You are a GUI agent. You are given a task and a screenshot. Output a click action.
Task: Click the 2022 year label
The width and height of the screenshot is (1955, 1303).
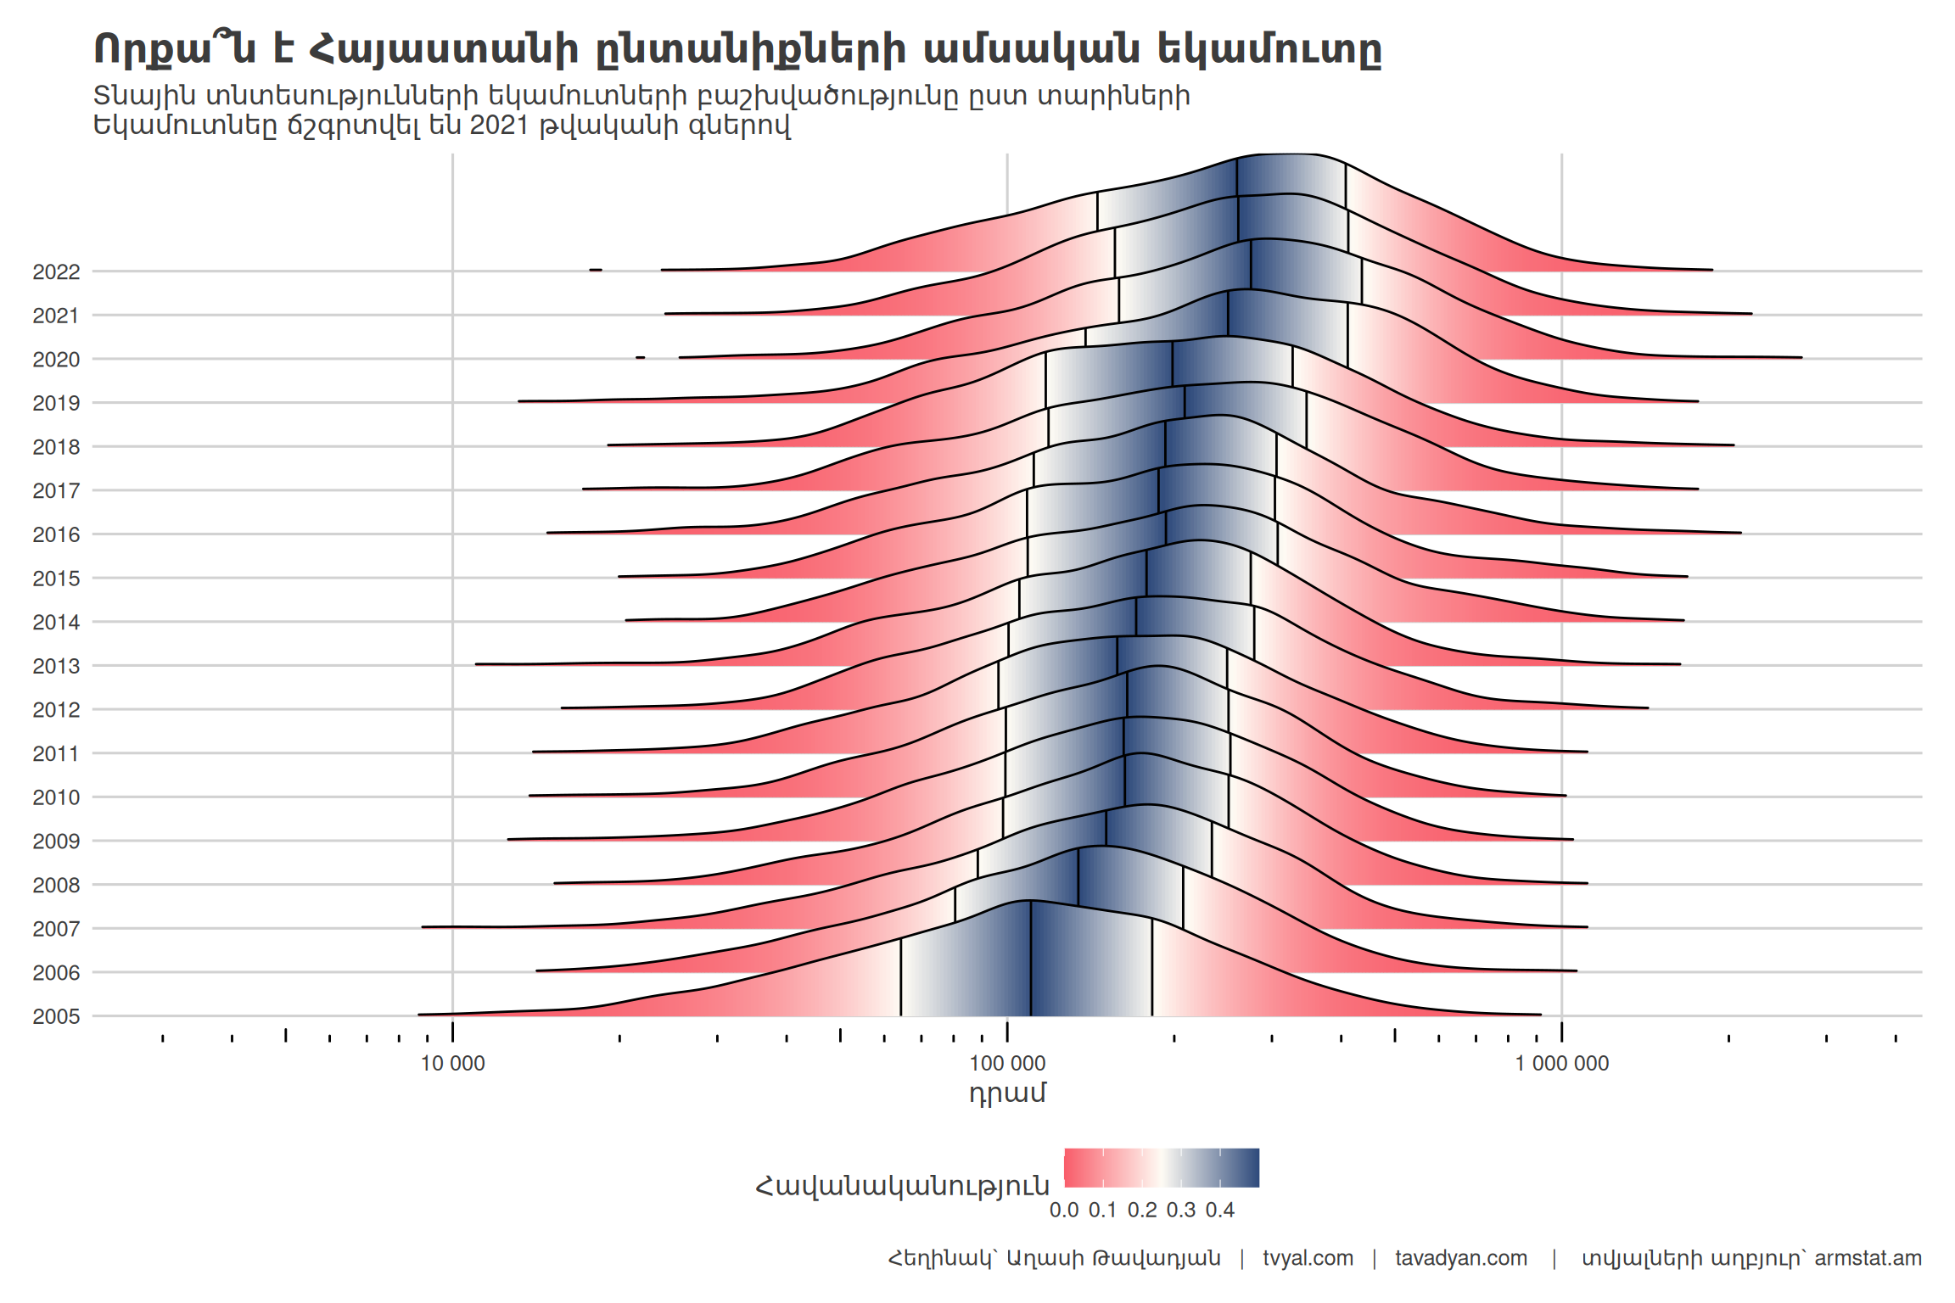pyautogui.click(x=56, y=271)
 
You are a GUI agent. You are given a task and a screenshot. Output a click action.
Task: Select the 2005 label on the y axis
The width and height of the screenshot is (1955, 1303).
pyautogui.click(x=56, y=1016)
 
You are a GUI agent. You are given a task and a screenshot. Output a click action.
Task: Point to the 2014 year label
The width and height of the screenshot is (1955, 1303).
pyautogui.click(x=56, y=622)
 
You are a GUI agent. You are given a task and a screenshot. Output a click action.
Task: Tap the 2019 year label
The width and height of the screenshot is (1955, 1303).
pyautogui.click(x=56, y=403)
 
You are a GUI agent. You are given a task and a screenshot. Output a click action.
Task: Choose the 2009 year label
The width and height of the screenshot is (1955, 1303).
pyautogui.click(x=56, y=841)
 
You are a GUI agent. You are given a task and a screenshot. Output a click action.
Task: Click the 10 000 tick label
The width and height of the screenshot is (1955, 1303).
pyautogui.click(x=452, y=1063)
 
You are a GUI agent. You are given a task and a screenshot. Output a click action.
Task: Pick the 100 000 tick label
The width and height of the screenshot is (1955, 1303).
pyautogui.click(x=1007, y=1063)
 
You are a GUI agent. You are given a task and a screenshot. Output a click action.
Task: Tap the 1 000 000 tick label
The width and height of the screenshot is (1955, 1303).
pyautogui.click(x=1561, y=1063)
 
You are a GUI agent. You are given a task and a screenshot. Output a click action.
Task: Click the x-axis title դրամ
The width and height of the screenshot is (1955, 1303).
pyautogui.click(x=1007, y=1093)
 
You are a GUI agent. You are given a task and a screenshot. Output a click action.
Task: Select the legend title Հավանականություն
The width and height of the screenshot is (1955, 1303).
pyautogui.click(x=902, y=1185)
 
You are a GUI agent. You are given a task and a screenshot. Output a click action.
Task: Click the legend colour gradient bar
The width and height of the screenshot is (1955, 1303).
pyautogui.click(x=1162, y=1168)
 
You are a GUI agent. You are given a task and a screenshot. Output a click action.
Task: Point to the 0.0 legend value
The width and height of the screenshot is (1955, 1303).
pyautogui.click(x=1064, y=1211)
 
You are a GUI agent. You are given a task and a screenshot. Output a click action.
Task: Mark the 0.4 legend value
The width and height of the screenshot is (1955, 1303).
pyautogui.click(x=1220, y=1211)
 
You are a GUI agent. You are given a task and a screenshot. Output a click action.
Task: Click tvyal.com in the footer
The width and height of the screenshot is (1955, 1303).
pyautogui.click(x=1308, y=1258)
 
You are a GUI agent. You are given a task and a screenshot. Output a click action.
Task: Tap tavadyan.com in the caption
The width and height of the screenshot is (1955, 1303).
pyautogui.click(x=1461, y=1258)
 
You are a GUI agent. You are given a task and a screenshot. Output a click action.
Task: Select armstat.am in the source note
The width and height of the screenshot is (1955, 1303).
pyautogui.click(x=1868, y=1258)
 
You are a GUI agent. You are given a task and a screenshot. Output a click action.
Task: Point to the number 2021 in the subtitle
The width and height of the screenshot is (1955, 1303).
pyautogui.click(x=499, y=126)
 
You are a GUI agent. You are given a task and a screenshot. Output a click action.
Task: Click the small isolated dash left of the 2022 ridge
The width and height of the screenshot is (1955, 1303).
pyautogui.click(x=596, y=270)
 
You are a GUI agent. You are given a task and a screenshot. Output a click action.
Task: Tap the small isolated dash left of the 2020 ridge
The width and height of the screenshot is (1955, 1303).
pyautogui.click(x=641, y=357)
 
